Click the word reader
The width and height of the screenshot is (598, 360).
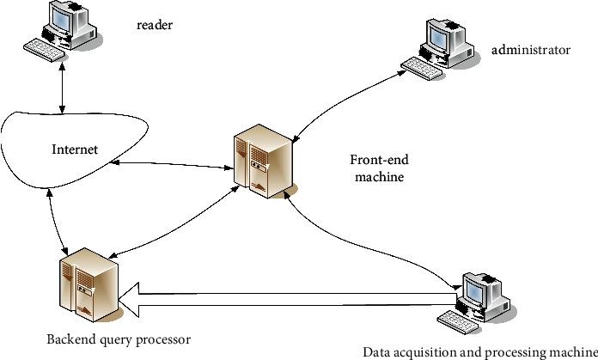tap(155, 25)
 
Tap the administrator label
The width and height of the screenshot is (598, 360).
tap(530, 50)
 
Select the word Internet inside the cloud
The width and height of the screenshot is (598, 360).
tap(75, 149)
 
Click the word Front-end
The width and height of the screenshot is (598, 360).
tap(379, 160)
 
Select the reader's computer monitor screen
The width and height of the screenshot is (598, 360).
tap(61, 18)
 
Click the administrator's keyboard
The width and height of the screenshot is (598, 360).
tap(423, 69)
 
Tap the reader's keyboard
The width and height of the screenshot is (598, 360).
tap(44, 50)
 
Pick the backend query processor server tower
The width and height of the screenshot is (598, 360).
tap(88, 285)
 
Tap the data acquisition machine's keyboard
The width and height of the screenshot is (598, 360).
tap(458, 322)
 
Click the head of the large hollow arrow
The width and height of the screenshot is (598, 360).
tap(129, 300)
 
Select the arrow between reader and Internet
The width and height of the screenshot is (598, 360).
tap(62, 88)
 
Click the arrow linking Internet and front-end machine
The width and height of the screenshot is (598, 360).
tap(172, 165)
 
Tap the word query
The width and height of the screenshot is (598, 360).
tap(116, 339)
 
